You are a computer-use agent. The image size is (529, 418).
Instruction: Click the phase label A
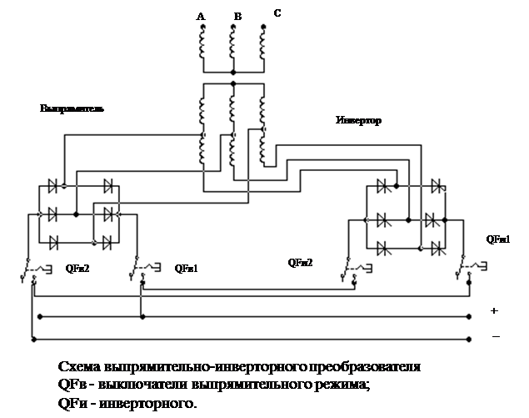pos(200,16)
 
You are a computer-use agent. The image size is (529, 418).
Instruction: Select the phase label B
pos(237,16)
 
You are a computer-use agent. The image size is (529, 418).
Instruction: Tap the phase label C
pos(277,13)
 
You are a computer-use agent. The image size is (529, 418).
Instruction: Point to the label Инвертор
pos(358,121)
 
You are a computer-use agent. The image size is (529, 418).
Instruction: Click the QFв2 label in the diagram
pos(77,269)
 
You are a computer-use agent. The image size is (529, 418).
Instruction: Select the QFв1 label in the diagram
pos(186,269)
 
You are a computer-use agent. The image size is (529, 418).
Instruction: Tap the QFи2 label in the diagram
pos(300,263)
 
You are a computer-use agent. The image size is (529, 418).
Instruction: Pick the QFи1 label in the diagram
pos(498,239)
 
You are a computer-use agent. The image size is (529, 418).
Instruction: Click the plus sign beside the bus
pos(494,310)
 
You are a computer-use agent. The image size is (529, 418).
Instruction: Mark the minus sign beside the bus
pos(495,336)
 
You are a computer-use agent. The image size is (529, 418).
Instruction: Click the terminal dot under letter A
pos(202,28)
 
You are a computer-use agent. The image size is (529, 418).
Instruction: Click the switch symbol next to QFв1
pos(145,269)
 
